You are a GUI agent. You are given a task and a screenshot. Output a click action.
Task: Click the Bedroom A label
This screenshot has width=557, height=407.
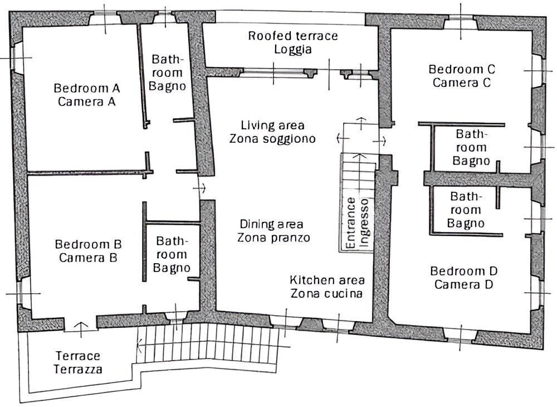pos(87,88)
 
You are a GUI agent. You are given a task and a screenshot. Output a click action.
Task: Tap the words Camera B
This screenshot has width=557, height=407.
pos(88,258)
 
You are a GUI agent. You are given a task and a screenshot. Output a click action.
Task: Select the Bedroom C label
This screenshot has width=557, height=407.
pos(462,69)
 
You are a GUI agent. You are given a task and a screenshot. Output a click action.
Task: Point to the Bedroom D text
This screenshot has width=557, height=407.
pos(463,271)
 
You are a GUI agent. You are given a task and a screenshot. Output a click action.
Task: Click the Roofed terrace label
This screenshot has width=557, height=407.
pos(293,36)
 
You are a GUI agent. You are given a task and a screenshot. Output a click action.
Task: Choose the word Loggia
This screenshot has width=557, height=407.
pos(293,50)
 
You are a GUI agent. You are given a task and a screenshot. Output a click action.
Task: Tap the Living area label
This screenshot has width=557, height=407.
pos(272,125)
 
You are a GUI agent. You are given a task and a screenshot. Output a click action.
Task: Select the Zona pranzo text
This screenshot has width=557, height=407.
pos(273,238)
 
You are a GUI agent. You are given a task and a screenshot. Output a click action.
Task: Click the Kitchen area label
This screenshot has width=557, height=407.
pos(327,280)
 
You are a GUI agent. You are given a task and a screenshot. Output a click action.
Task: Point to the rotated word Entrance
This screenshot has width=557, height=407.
pos(350,223)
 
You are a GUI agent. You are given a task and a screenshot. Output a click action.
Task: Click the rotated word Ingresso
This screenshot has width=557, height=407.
pos(364,222)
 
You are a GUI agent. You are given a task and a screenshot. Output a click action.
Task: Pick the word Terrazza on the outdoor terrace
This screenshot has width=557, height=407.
pos(78,369)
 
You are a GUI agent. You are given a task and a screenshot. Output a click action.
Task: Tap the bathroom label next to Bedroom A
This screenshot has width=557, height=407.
pos(167,72)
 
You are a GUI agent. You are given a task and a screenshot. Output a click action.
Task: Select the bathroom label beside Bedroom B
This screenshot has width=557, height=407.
pos(172,254)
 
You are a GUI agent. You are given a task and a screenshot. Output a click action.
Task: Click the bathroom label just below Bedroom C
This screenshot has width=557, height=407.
pos(471,148)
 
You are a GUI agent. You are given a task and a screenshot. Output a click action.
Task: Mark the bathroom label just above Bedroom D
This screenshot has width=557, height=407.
pos(466,210)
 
